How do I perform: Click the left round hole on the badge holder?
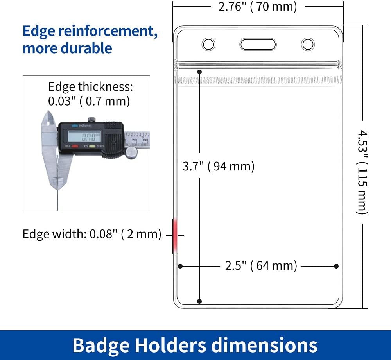[x=208, y=45]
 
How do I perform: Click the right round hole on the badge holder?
[x=308, y=45]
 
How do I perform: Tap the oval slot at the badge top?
[x=258, y=45]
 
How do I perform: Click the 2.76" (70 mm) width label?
[x=258, y=7]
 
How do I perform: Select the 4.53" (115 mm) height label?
[x=362, y=172]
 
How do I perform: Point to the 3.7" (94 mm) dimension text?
[x=219, y=166]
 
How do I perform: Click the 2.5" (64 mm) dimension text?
[x=261, y=266]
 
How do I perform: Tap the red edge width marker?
[x=175, y=236]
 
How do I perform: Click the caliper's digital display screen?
[x=84, y=136]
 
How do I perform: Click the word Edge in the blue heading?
[x=39, y=31]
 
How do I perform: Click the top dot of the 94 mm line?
[x=199, y=72]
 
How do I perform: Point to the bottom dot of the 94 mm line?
[x=199, y=301]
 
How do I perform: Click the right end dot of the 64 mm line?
[x=336, y=266]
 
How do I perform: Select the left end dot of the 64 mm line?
[x=180, y=266]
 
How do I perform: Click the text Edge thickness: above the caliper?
[x=91, y=87]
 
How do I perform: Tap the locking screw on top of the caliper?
[x=91, y=120]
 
